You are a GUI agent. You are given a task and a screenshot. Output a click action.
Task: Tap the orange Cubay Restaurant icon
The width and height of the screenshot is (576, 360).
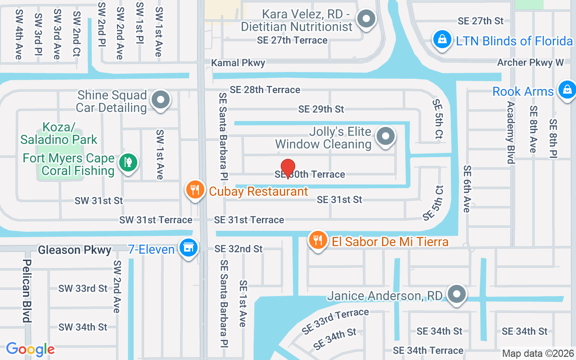click(x=194, y=189)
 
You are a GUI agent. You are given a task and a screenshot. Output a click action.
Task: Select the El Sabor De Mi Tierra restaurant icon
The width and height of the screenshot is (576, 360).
click(x=318, y=240)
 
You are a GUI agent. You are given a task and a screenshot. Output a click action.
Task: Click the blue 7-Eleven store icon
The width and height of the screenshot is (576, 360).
click(x=188, y=247)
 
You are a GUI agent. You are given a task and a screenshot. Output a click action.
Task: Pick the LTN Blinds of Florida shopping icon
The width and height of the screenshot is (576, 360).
click(x=442, y=40)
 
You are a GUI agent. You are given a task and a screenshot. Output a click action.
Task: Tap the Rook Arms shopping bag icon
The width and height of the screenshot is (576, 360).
click(x=566, y=90)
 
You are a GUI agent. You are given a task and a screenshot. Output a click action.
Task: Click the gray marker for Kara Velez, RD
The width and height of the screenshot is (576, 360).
click(x=366, y=19)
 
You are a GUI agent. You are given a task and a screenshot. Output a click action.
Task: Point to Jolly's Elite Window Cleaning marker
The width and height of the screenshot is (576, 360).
click(x=385, y=136)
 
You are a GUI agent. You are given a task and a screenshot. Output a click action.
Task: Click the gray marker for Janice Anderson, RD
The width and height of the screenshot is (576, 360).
click(x=457, y=294)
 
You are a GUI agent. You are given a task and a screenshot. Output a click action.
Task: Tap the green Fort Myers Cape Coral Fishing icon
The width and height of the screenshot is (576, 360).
click(x=128, y=162)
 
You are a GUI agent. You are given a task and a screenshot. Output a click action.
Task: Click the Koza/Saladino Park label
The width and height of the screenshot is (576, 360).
click(x=58, y=133)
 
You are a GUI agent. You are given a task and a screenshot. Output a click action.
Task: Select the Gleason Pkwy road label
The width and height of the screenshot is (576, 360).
click(x=75, y=250)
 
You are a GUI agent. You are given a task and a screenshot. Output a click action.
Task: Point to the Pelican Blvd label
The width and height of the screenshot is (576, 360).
click(x=27, y=291)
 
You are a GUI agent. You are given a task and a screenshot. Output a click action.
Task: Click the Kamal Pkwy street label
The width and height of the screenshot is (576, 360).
click(x=238, y=63)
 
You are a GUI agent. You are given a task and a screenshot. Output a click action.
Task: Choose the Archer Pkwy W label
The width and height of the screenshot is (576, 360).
click(x=530, y=63)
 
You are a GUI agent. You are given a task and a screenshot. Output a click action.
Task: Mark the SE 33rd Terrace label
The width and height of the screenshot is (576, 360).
click(x=335, y=321)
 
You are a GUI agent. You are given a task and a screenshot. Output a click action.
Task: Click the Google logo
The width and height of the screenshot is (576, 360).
click(x=30, y=349)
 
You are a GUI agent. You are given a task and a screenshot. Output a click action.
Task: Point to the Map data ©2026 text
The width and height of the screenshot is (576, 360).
click(x=538, y=353)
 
